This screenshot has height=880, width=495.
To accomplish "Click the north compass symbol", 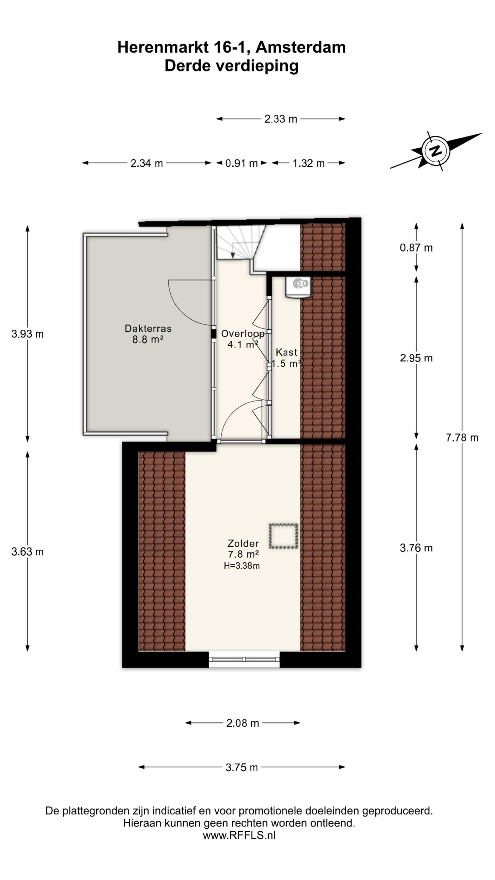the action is point(436,151).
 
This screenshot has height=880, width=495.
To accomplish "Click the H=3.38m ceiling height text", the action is point(242,565).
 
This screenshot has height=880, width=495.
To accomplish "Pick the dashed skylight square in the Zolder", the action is point(283,536).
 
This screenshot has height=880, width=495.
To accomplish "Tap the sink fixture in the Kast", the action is point(298,286).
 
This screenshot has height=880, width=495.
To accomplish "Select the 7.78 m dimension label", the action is point(462,438).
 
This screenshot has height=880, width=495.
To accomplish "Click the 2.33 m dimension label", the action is point(280,119).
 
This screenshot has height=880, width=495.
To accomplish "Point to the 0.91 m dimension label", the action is point(241,163).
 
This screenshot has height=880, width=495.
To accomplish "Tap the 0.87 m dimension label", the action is point(416,247).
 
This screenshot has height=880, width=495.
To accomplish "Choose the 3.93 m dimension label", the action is point(27,333).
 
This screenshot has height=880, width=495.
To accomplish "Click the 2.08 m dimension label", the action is point(242,723).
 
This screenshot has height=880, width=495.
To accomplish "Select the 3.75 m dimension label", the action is point(242,767).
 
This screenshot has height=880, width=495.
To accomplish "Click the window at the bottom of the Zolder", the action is point(244,659).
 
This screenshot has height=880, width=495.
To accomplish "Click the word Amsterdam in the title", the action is point(300,47).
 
